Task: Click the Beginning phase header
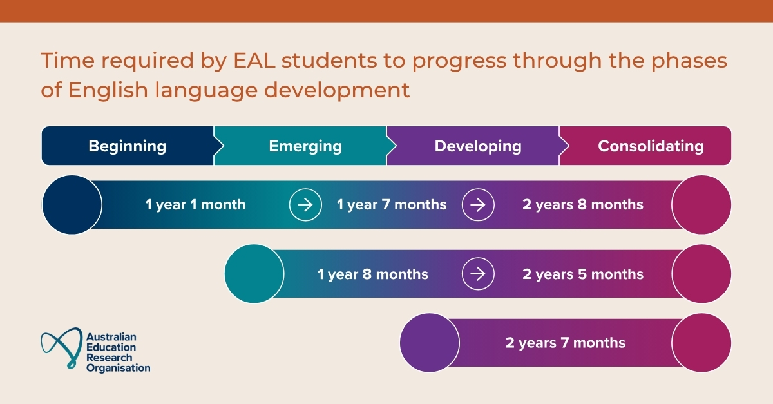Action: click(x=127, y=146)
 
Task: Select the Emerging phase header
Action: click(x=305, y=146)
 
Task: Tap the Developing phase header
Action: click(x=477, y=146)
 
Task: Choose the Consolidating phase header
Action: click(x=651, y=146)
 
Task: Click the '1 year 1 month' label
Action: click(x=195, y=205)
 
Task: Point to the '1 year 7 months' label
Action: click(x=391, y=205)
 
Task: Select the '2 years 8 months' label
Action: click(x=582, y=205)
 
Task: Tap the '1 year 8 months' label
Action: click(x=372, y=274)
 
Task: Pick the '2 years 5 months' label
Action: click(x=582, y=274)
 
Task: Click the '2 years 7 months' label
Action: click(x=565, y=343)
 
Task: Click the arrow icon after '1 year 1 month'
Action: click(x=305, y=205)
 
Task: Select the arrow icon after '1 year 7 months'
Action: click(x=478, y=205)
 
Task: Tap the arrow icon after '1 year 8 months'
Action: click(x=478, y=274)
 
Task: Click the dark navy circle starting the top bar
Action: click(x=72, y=205)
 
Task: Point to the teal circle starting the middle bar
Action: click(x=254, y=274)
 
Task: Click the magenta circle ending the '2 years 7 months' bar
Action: click(x=701, y=343)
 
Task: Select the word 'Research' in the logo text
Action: click(x=109, y=358)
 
